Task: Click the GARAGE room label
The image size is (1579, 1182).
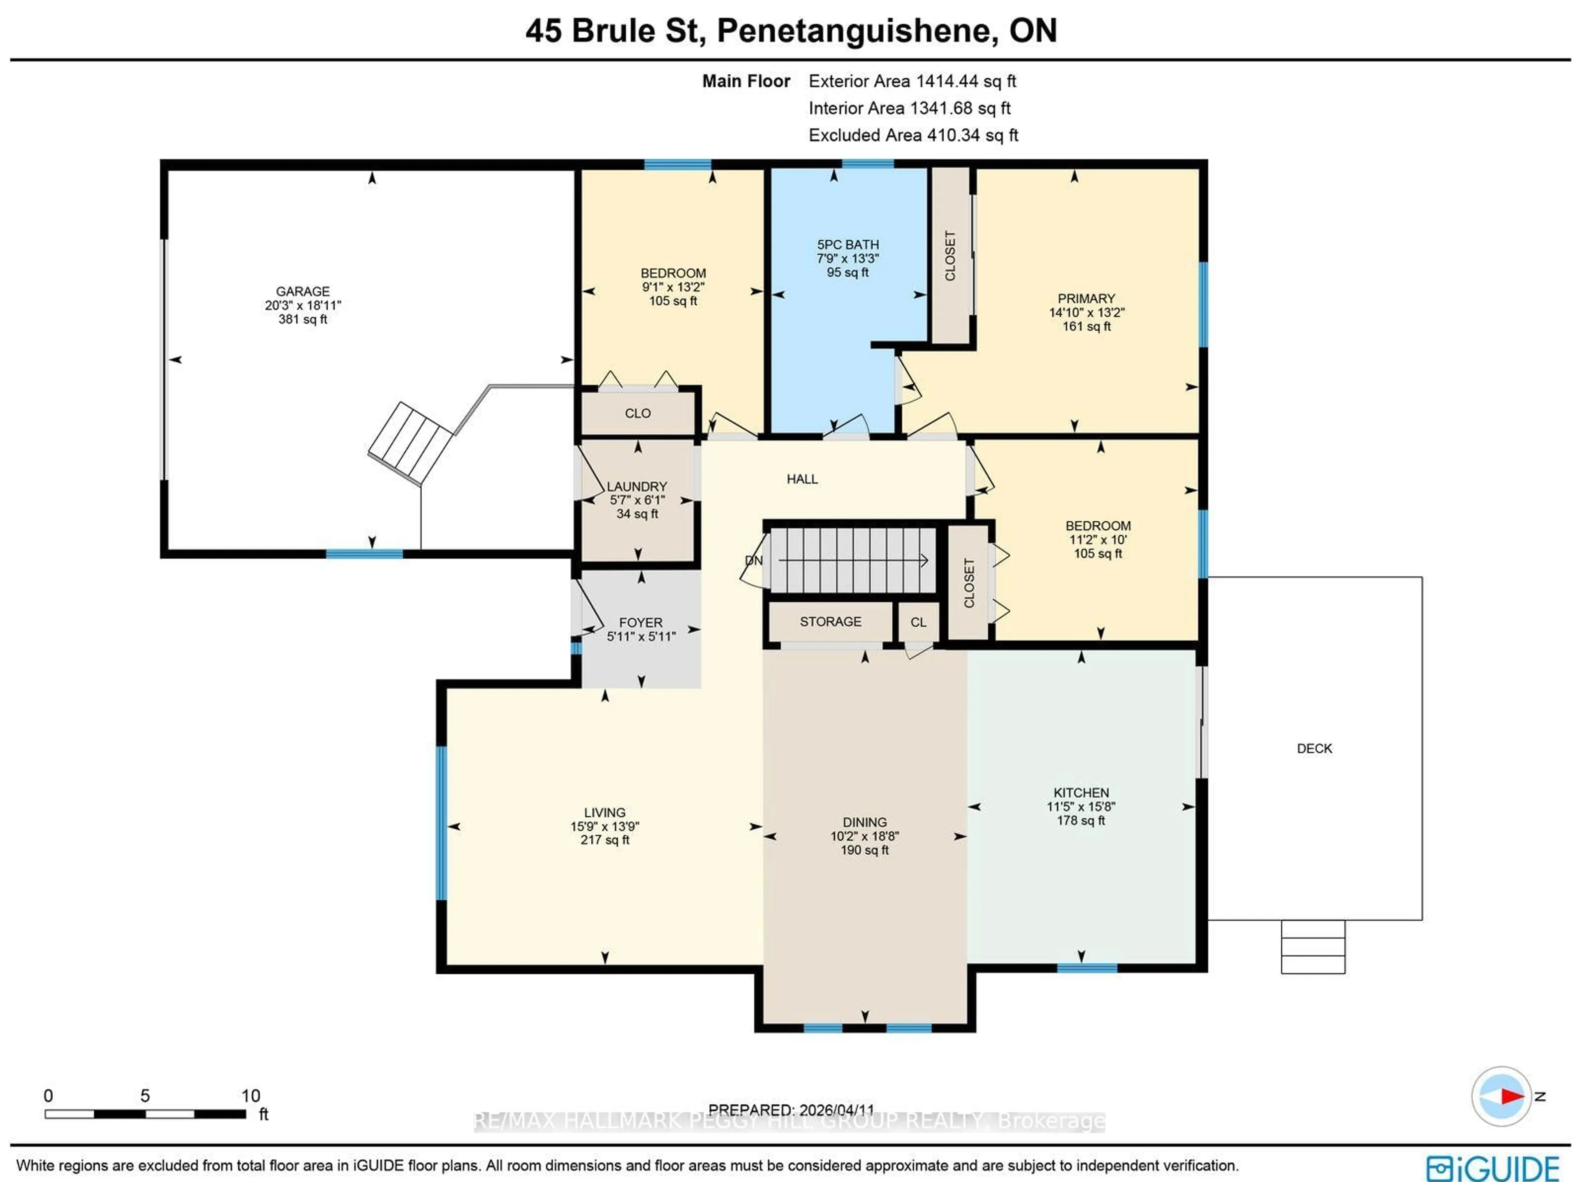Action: [303, 291]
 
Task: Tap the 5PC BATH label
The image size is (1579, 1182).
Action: [848, 245]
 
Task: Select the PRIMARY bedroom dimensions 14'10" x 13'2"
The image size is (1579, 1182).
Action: [1086, 312]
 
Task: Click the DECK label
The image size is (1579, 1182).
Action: [1314, 748]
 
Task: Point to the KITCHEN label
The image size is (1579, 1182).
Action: [1081, 792]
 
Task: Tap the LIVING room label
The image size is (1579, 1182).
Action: [604, 812]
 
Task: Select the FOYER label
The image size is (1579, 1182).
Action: [640, 622]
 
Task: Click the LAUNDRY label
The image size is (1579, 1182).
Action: [637, 486]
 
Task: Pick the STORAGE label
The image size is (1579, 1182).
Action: [830, 622]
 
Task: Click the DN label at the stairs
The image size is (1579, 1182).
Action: [754, 560]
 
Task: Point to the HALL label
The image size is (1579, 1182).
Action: [802, 479]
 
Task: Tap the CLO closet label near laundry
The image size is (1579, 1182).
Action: [637, 413]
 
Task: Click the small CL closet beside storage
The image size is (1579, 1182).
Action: [918, 622]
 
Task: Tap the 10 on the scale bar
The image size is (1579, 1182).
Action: [250, 1096]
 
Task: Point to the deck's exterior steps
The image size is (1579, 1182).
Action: [1313, 946]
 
